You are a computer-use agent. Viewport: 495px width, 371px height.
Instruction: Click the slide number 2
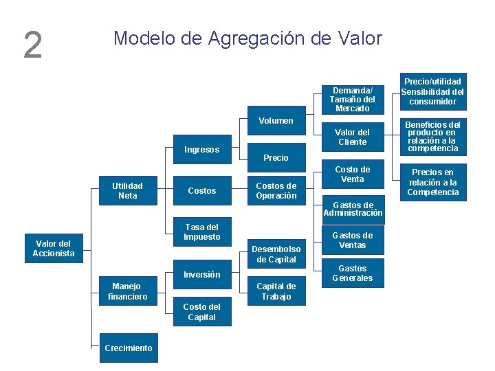coord(32,45)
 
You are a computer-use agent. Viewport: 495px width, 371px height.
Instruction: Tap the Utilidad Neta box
coord(128,191)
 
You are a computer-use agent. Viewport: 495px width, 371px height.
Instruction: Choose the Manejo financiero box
coord(128,291)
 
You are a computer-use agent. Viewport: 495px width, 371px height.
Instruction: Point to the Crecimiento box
coord(129,348)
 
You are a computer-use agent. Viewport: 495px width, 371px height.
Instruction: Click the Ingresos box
coord(202,150)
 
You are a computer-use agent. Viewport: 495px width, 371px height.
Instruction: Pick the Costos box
coord(202,191)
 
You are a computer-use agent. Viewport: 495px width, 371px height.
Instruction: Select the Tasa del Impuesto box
coord(202,232)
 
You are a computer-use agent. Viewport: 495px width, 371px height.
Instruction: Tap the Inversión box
coord(202,275)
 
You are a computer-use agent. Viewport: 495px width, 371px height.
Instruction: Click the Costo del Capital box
coord(202,312)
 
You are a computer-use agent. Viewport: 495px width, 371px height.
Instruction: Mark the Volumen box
coord(276,121)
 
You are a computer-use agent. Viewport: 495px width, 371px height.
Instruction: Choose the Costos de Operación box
coord(276,191)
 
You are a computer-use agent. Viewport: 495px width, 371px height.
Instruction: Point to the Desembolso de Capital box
coord(276,254)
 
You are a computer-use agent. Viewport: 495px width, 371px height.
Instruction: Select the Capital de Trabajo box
coord(276,291)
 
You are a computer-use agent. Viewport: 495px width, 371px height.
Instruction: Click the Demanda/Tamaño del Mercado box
coord(353,100)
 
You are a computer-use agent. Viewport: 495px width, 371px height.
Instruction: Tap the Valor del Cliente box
coord(353,137)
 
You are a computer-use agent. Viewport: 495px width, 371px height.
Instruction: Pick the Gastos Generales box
coord(353,273)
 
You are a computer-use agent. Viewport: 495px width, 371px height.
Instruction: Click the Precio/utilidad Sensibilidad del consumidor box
coord(432,91)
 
